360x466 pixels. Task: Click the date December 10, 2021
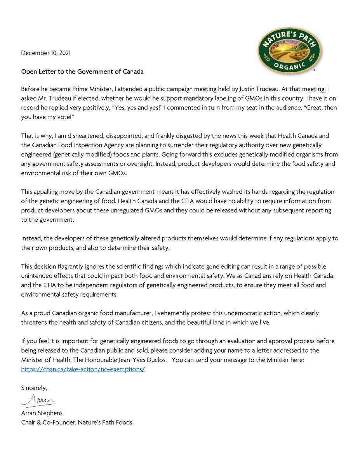[46, 53]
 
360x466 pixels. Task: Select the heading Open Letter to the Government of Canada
[82, 71]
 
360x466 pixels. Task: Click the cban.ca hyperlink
[83, 369]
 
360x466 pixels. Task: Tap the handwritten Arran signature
[38, 400]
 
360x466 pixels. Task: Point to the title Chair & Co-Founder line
[77, 422]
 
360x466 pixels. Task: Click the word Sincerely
[34, 388]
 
